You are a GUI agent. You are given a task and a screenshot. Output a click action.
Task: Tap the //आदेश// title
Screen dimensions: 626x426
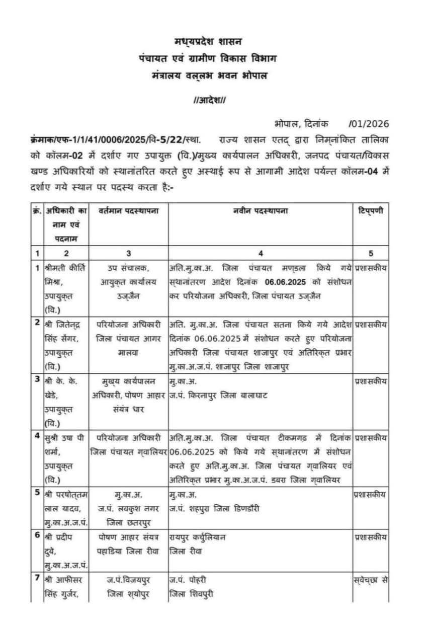click(210, 100)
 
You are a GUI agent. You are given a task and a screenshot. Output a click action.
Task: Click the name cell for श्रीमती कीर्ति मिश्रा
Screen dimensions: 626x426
click(64, 284)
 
